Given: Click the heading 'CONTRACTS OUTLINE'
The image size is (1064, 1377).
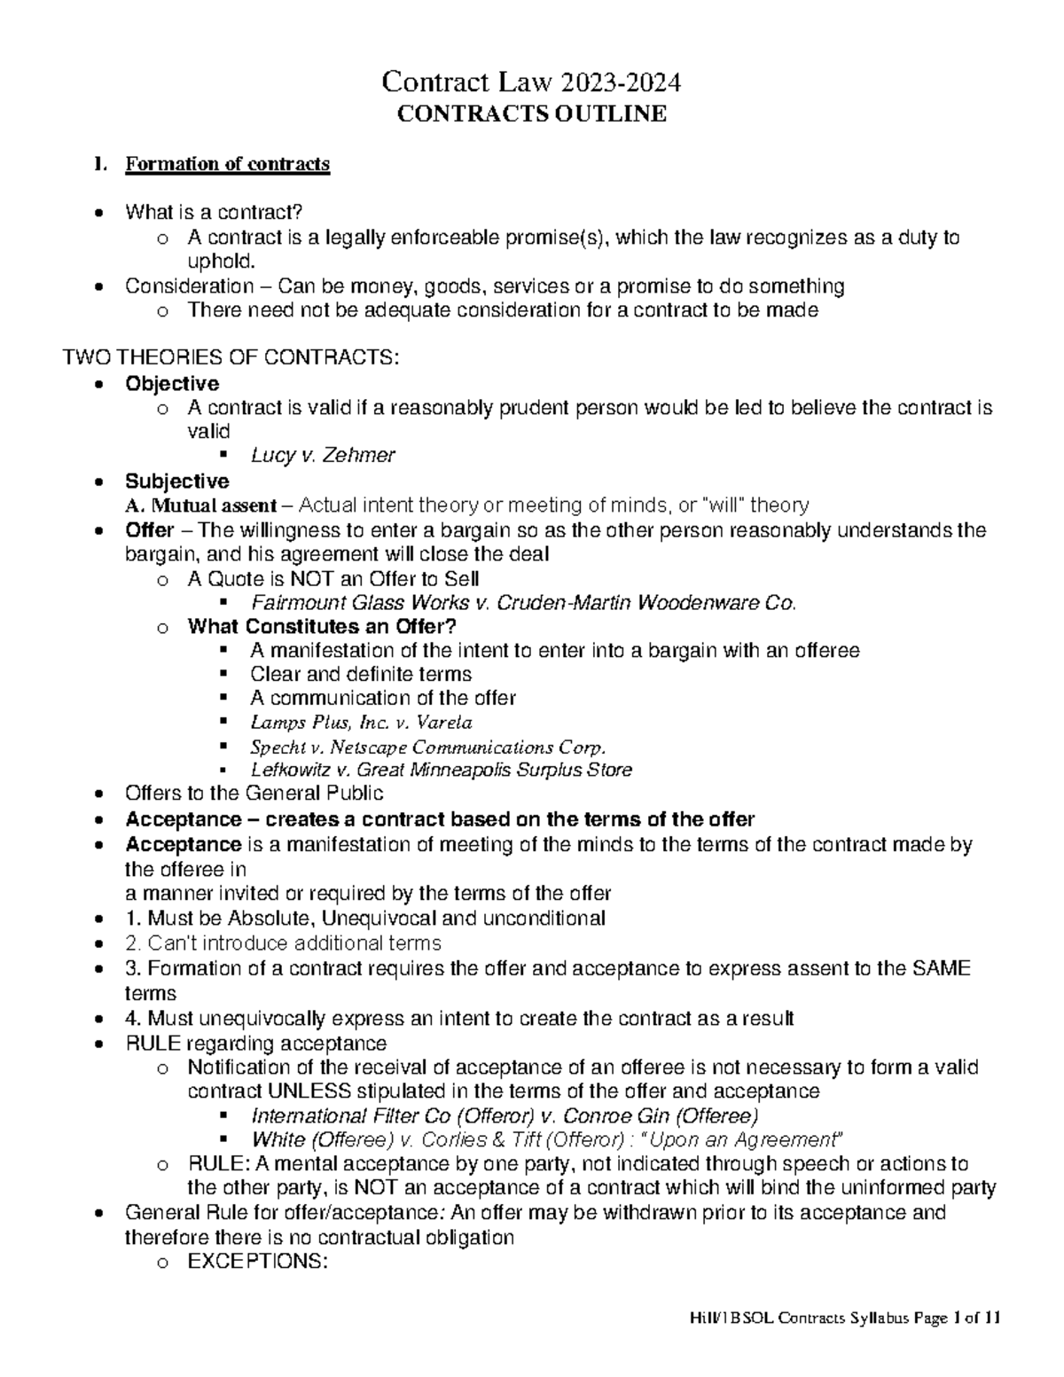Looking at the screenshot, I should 531,114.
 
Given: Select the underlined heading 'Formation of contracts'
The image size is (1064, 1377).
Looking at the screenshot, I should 227,164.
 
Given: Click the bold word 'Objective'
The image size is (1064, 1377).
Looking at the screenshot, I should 172,383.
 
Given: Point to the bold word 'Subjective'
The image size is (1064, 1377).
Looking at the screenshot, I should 176,481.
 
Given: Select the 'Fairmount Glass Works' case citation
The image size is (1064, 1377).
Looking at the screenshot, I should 523,603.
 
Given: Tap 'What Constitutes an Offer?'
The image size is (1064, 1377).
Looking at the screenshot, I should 322,627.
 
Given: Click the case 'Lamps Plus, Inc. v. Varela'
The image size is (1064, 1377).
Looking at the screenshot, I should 361,722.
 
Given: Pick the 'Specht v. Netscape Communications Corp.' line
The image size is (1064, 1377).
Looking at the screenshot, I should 429,746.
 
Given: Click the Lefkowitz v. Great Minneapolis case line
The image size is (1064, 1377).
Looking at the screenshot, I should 441,770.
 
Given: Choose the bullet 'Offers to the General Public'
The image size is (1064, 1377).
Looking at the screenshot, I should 254,793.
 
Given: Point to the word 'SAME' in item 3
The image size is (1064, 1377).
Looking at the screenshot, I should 943,968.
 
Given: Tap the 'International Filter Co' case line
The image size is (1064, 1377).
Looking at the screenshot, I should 505,1115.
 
